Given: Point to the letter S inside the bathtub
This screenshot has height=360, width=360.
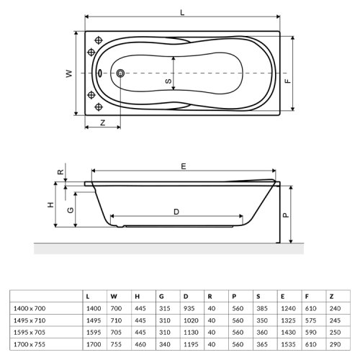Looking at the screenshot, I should tap(168, 82).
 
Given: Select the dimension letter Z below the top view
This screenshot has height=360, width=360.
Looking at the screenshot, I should tap(102, 122).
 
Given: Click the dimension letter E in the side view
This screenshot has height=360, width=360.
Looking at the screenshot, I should tap(184, 166).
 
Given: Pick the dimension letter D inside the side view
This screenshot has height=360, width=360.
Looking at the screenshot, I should tap(176, 211).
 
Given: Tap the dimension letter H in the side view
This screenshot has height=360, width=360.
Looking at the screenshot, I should tap(50, 205).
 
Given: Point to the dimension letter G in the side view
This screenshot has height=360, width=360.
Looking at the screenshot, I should tap(70, 210).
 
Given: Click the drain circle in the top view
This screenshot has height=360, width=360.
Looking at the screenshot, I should tap(120, 73).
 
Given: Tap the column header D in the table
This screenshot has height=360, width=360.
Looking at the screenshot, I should tap(185, 297).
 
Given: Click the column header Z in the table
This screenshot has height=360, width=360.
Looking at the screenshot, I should tap(331, 297).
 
